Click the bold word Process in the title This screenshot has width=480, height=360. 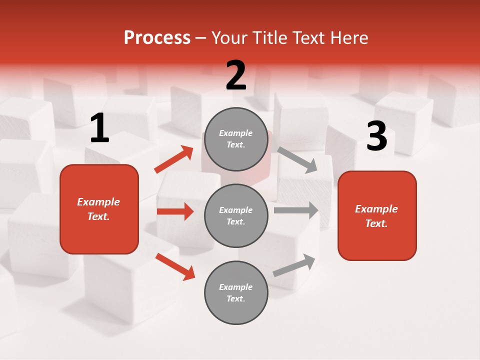[x=157, y=38]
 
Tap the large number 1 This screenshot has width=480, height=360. [x=99, y=128]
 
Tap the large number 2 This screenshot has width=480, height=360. [x=236, y=75]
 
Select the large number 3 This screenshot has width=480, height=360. [x=376, y=136]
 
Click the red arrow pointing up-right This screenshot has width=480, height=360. [x=174, y=159]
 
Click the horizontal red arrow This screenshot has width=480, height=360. [x=175, y=211]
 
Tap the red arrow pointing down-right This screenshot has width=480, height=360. [x=175, y=266]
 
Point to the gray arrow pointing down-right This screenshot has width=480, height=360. [x=297, y=159]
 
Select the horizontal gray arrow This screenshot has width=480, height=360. [x=296, y=210]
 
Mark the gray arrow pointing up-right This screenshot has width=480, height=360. [x=294, y=265]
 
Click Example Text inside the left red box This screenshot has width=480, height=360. [x=98, y=209]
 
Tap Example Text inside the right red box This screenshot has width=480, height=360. [x=376, y=216]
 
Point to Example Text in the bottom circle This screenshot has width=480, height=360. [x=235, y=292]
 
